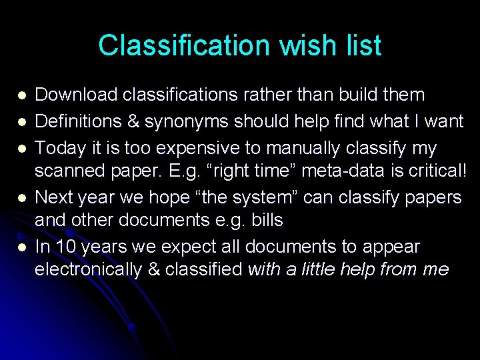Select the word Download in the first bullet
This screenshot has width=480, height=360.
click(75, 95)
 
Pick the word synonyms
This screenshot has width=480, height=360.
click(171, 121)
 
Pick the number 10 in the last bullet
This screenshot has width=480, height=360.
click(65, 247)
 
